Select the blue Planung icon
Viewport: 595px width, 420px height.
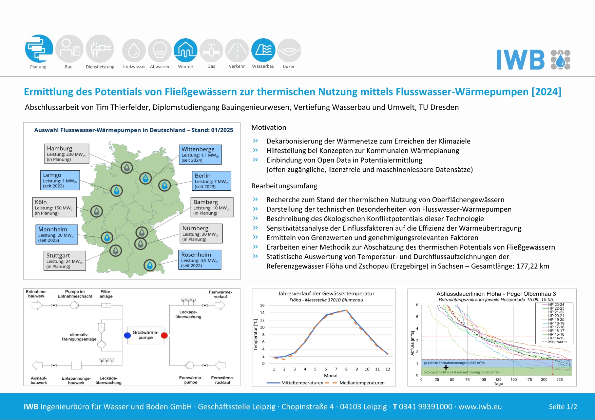tap(39, 49)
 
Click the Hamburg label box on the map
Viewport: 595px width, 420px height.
tap(66, 154)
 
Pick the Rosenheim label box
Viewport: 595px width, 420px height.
tap(200, 260)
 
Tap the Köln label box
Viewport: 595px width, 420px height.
tap(54, 207)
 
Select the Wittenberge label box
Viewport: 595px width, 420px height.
tap(200, 154)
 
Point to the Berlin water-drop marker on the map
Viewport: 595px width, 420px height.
tap(165, 185)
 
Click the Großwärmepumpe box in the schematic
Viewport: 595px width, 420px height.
tap(146, 335)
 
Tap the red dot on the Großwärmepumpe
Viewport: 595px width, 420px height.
tap(164, 335)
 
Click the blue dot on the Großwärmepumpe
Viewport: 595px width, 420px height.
tap(127, 335)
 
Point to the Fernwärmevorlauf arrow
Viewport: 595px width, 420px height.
tap(220, 306)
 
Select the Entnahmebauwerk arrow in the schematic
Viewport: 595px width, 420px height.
tap(37, 306)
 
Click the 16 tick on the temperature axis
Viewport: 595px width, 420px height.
tap(262, 305)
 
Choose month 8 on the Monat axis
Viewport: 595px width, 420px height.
tap(346, 369)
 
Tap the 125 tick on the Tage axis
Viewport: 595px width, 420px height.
tap(498, 380)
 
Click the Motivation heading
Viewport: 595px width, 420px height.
tap(269, 128)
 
